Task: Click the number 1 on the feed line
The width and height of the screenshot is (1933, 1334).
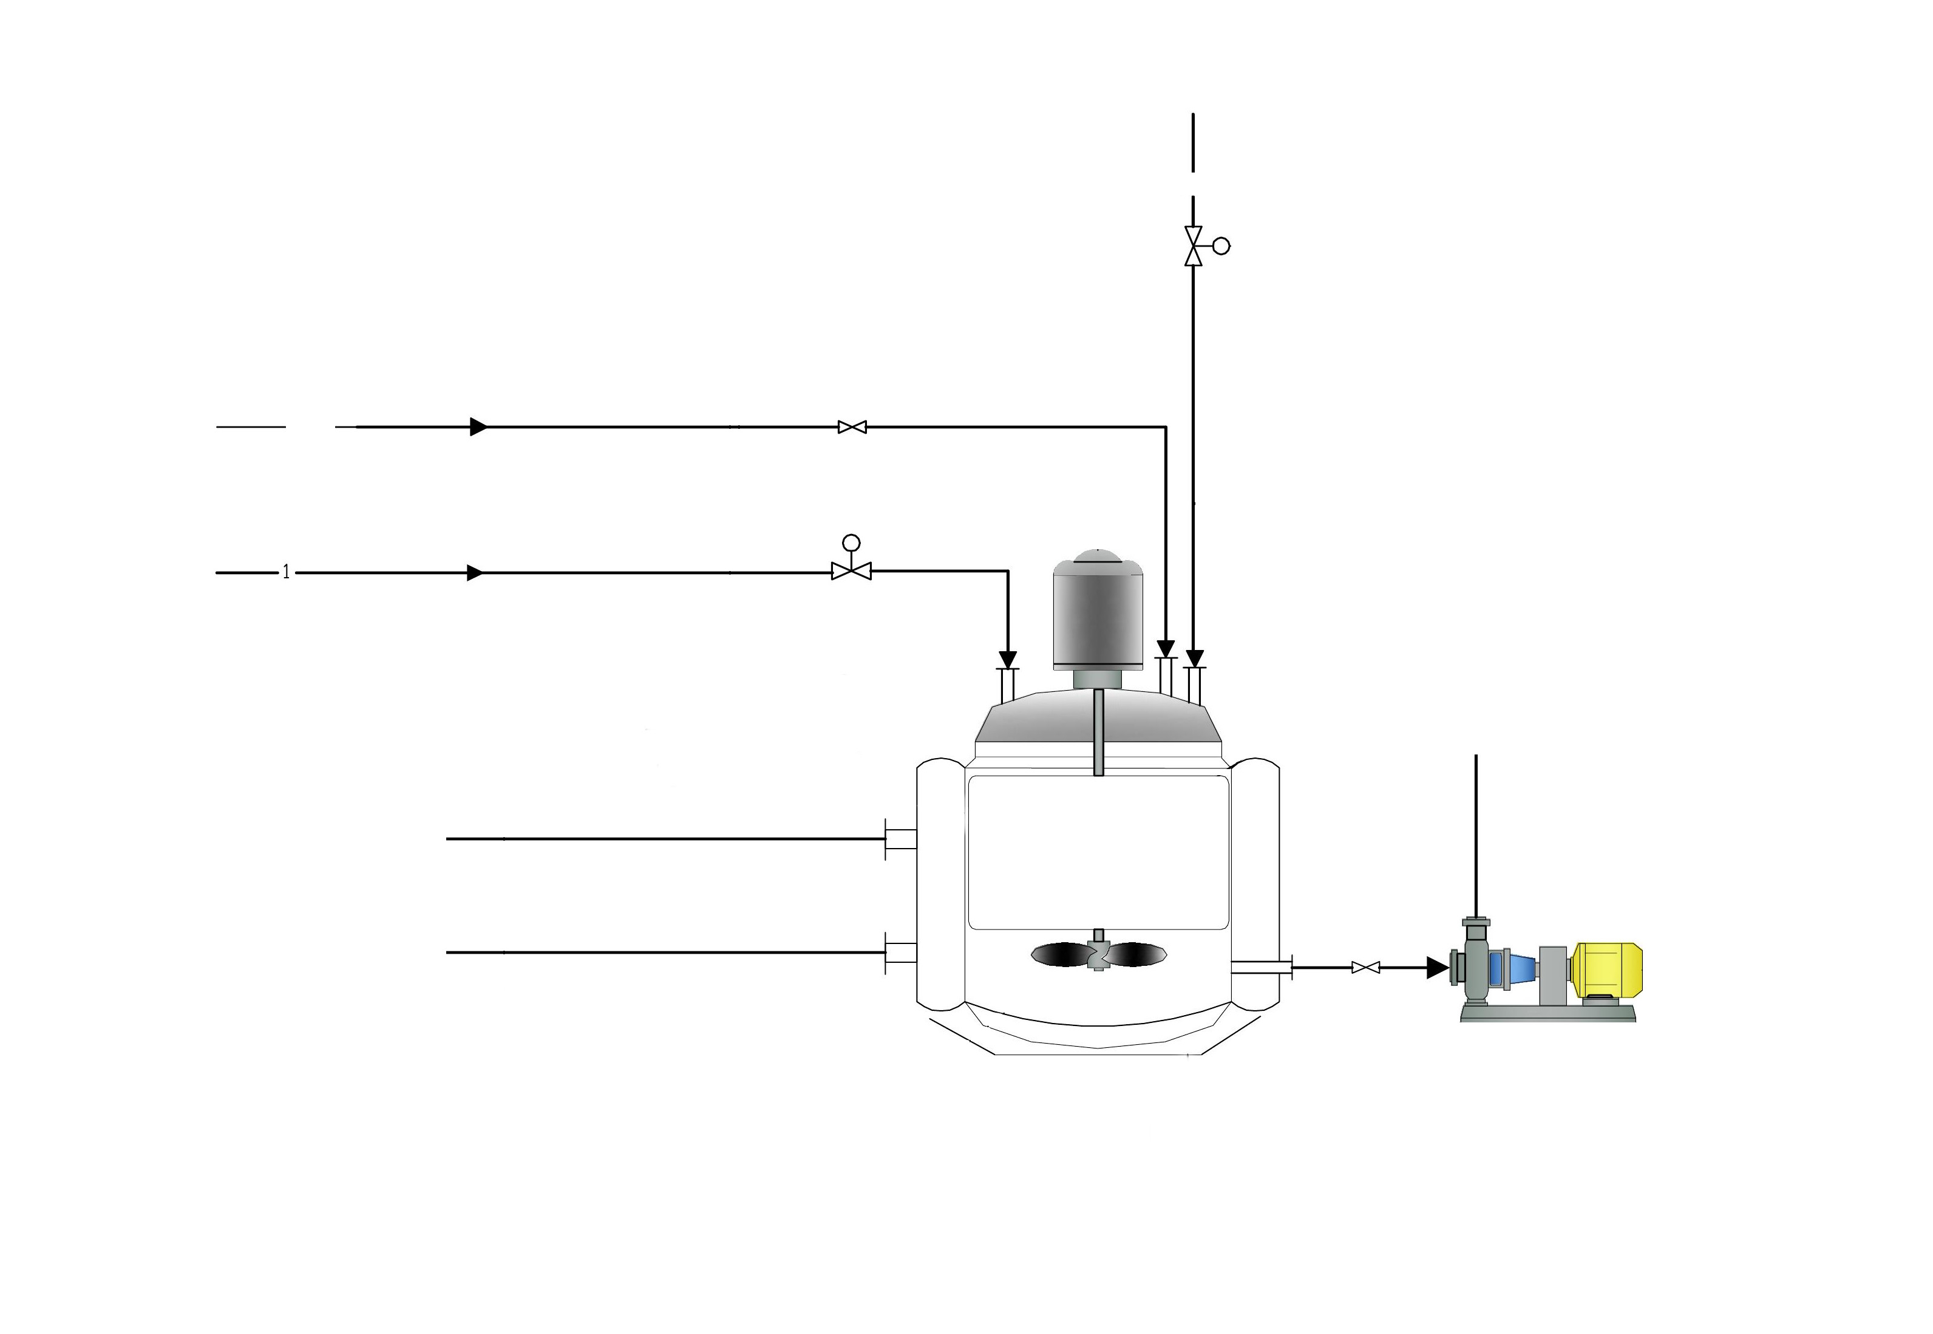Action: tap(286, 573)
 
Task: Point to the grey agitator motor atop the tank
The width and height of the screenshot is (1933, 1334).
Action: tap(1098, 614)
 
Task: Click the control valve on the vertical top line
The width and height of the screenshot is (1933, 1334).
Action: tap(1193, 246)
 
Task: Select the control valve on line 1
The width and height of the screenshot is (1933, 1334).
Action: tap(851, 572)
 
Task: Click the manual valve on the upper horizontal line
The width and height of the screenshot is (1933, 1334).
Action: tap(852, 427)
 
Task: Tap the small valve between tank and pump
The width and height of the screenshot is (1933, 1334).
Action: tap(1365, 967)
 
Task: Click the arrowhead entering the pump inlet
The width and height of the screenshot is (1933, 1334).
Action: tap(1437, 967)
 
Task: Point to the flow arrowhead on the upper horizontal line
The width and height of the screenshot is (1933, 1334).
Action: tap(478, 427)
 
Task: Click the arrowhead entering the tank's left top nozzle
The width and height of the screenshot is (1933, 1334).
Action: tap(1008, 660)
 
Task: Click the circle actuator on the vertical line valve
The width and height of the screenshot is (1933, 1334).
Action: tap(1221, 246)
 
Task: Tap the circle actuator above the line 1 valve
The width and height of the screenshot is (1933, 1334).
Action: tap(851, 542)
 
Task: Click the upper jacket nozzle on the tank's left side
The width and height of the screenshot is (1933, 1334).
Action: tap(900, 838)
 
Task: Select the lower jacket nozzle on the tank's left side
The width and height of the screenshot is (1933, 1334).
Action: tap(900, 952)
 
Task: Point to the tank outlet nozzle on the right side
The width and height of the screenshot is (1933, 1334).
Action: tap(1262, 968)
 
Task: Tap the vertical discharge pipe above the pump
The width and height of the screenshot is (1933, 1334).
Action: tap(1476, 836)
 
